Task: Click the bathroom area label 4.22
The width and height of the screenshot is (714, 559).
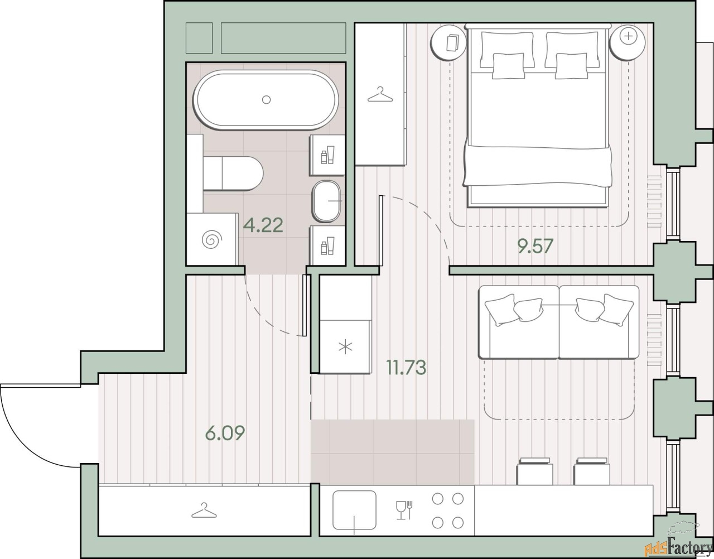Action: (x=263, y=225)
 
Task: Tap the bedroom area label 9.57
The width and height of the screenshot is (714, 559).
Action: (x=535, y=247)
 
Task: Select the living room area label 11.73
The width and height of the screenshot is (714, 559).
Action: (x=407, y=368)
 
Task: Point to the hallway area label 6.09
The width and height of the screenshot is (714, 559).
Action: (x=225, y=433)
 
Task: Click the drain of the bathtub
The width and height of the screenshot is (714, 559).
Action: (x=266, y=99)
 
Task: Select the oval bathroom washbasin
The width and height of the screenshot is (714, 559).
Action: (x=326, y=201)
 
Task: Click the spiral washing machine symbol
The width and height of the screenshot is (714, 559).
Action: (x=212, y=239)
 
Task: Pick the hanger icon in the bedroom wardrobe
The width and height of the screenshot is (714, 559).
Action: (x=380, y=95)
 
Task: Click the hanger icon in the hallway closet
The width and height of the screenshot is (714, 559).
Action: (x=204, y=510)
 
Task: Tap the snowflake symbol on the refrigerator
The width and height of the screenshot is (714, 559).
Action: (x=345, y=348)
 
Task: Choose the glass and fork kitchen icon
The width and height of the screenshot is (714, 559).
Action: (x=404, y=510)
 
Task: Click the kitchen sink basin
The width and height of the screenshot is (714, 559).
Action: (x=354, y=510)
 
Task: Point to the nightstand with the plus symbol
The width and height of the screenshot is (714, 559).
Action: (x=627, y=43)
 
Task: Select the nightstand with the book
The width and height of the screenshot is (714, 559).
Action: (x=449, y=43)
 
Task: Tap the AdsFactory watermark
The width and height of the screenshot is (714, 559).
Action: (x=678, y=548)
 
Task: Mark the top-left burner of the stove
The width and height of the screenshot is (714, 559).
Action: (x=437, y=499)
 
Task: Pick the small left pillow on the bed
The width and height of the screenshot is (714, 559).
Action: (x=508, y=66)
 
